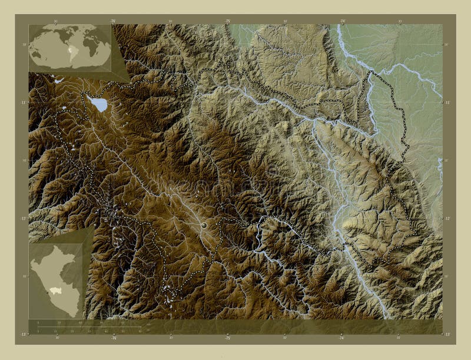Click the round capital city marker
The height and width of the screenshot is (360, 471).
pyautogui.click(x=204, y=225)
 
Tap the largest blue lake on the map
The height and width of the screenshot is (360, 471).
pyautogui.click(x=99, y=105)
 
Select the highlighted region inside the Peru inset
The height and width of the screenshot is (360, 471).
pyautogui.click(x=57, y=290)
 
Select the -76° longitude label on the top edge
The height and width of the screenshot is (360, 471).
pyautogui.click(x=112, y=21)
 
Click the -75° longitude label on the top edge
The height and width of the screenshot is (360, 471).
pyautogui.click(x=227, y=21)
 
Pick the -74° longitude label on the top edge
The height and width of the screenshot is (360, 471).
pyautogui.click(x=341, y=21)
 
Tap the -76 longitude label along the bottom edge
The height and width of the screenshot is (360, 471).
pyautogui.click(x=114, y=338)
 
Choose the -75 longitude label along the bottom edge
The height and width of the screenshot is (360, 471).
pyautogui.click(x=227, y=338)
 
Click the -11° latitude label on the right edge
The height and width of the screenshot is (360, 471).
pyautogui.click(x=447, y=102)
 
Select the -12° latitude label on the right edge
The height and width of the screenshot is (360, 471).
pyautogui.click(x=447, y=218)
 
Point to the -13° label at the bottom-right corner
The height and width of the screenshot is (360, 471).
pyautogui.click(x=447, y=334)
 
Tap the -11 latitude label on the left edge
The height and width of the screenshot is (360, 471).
pyautogui.click(x=24, y=102)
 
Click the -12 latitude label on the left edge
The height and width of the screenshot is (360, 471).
pyautogui.click(x=24, y=218)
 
